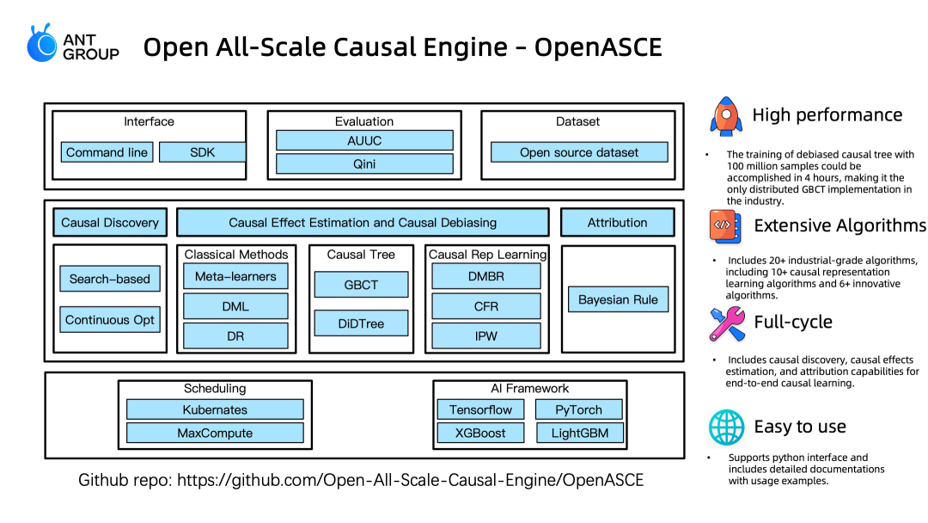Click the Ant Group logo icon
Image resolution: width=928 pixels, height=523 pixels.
pos(42,43)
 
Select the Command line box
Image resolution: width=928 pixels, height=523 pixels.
pos(107,152)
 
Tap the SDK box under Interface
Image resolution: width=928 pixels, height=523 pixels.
pos(203,152)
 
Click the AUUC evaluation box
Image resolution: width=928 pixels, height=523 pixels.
pos(364,140)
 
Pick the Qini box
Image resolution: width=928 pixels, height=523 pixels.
pos(364,164)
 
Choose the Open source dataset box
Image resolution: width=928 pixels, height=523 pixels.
pos(579,152)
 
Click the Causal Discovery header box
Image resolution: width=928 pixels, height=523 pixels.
pos(110,223)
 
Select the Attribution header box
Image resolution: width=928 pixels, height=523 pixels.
pos(617,223)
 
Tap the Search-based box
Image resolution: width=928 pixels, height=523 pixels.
pos(109,279)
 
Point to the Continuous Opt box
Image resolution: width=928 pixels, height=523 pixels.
pos(109,320)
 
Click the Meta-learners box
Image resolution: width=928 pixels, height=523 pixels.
pos(235,277)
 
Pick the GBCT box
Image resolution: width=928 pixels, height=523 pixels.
pos(361,285)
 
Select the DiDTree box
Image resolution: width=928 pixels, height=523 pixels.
pos(361,323)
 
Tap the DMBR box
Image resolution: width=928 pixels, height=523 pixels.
pos(485,277)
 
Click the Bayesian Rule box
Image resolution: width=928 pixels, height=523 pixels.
pos(618,299)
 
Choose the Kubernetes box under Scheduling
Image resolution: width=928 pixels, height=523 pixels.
pos(215,409)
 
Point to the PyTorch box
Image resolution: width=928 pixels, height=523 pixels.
pos(579,409)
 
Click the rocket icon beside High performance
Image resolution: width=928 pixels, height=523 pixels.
pos(726,116)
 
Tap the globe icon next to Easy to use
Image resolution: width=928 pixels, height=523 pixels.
pos(726,427)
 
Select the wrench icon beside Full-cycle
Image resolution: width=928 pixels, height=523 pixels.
pos(727,323)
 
